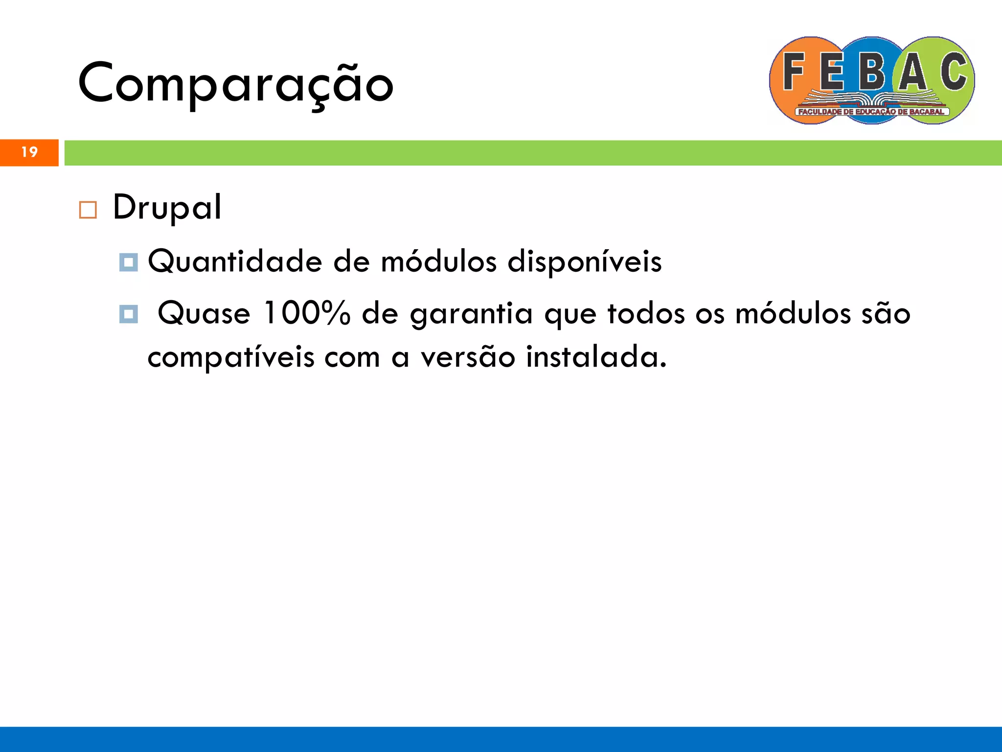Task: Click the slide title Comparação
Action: (235, 83)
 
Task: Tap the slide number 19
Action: (29, 152)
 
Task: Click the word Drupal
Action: (167, 208)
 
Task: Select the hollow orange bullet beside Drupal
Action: (88, 210)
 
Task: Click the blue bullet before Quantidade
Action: (129, 262)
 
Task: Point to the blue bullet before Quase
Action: (129, 314)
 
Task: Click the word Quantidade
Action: (235, 261)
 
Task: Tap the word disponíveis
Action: (584, 261)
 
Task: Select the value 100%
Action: (307, 313)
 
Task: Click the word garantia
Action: (471, 314)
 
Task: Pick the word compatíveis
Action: (231, 357)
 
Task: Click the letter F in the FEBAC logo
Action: (794, 72)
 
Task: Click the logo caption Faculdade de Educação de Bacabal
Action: (871, 112)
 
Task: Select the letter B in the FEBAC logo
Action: (872, 73)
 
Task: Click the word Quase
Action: (204, 313)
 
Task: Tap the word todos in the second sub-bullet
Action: (646, 313)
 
